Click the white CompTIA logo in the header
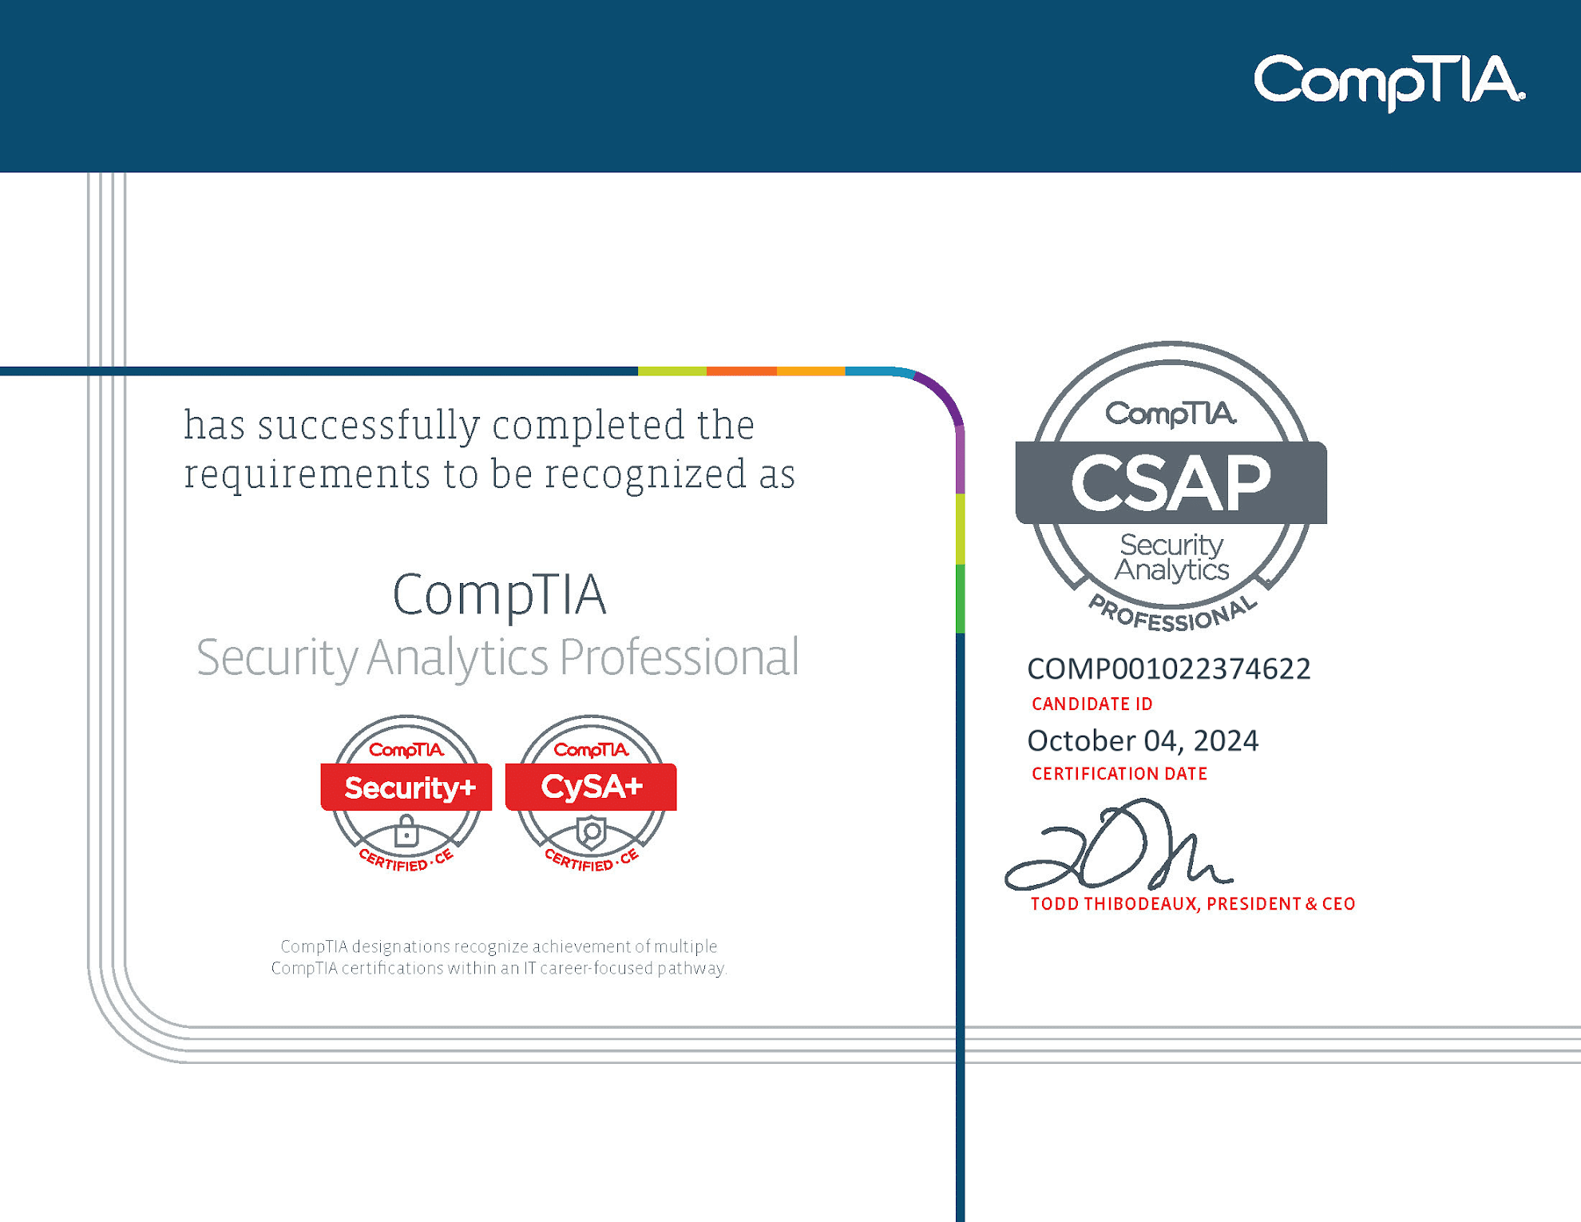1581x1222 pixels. click(x=1389, y=81)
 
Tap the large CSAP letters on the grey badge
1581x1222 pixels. click(x=1171, y=483)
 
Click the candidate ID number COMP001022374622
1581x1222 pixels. click(x=1169, y=669)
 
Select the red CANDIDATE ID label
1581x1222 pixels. click(x=1092, y=704)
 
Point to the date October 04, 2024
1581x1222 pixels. click(x=1143, y=741)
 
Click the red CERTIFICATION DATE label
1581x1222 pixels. click(x=1119, y=773)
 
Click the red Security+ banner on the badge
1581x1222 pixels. click(x=406, y=787)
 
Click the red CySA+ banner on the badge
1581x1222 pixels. click(x=591, y=787)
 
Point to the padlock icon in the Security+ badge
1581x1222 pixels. click(x=406, y=831)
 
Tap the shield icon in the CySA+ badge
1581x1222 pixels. click(x=592, y=832)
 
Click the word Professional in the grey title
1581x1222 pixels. click(x=679, y=657)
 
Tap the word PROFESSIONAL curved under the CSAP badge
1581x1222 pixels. click(x=1172, y=615)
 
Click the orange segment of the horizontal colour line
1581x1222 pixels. click(x=742, y=371)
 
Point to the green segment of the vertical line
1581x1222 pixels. click(x=960, y=598)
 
